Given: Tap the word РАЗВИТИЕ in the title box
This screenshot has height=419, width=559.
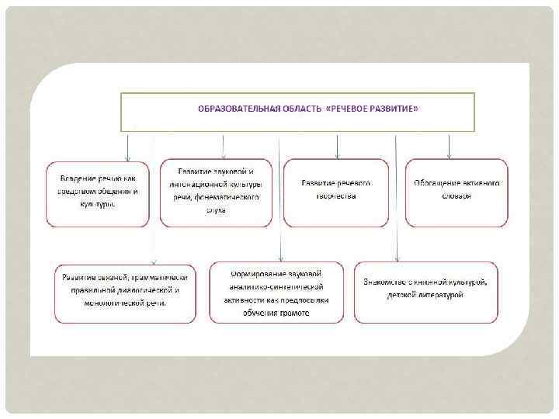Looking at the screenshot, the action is click(x=393, y=109).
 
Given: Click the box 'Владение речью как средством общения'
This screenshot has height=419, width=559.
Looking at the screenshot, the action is click(x=98, y=192).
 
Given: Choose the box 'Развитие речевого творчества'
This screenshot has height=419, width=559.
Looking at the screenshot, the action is click(x=335, y=192).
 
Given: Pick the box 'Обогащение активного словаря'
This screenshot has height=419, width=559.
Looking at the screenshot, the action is click(x=457, y=192).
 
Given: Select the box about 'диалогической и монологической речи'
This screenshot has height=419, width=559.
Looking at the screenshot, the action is click(x=125, y=293).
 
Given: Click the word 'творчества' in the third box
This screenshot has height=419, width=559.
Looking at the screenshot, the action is click(x=335, y=197).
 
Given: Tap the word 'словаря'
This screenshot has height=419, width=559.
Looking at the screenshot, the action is click(x=457, y=197).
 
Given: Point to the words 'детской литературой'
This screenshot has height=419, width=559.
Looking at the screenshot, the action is click(x=425, y=295).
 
